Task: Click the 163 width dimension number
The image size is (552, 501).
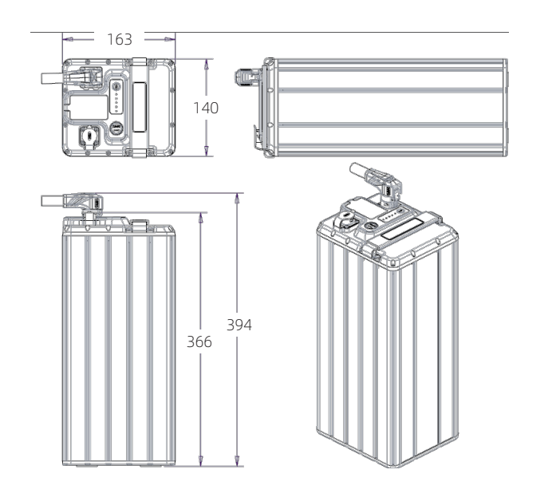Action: (120, 39)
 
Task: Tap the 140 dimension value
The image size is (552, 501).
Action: (206, 108)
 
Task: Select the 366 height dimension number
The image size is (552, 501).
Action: (199, 342)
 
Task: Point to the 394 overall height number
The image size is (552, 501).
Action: (239, 325)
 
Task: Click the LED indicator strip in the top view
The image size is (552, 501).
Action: (116, 97)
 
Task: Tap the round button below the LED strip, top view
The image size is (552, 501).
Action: (116, 128)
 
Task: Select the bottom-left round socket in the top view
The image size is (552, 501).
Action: (89, 137)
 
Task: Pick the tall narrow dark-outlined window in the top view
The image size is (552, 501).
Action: (140, 107)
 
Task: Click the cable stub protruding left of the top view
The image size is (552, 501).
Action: (53, 78)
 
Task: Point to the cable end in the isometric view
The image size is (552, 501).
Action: (358, 170)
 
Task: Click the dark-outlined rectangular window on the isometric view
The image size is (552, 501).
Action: (402, 230)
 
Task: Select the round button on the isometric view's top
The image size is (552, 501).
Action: (370, 227)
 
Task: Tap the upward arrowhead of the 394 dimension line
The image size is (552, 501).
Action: (237, 198)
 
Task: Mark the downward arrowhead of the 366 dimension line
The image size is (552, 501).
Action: (201, 461)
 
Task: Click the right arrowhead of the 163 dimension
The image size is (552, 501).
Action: (170, 39)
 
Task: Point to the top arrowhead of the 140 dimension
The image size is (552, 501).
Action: (207, 64)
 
